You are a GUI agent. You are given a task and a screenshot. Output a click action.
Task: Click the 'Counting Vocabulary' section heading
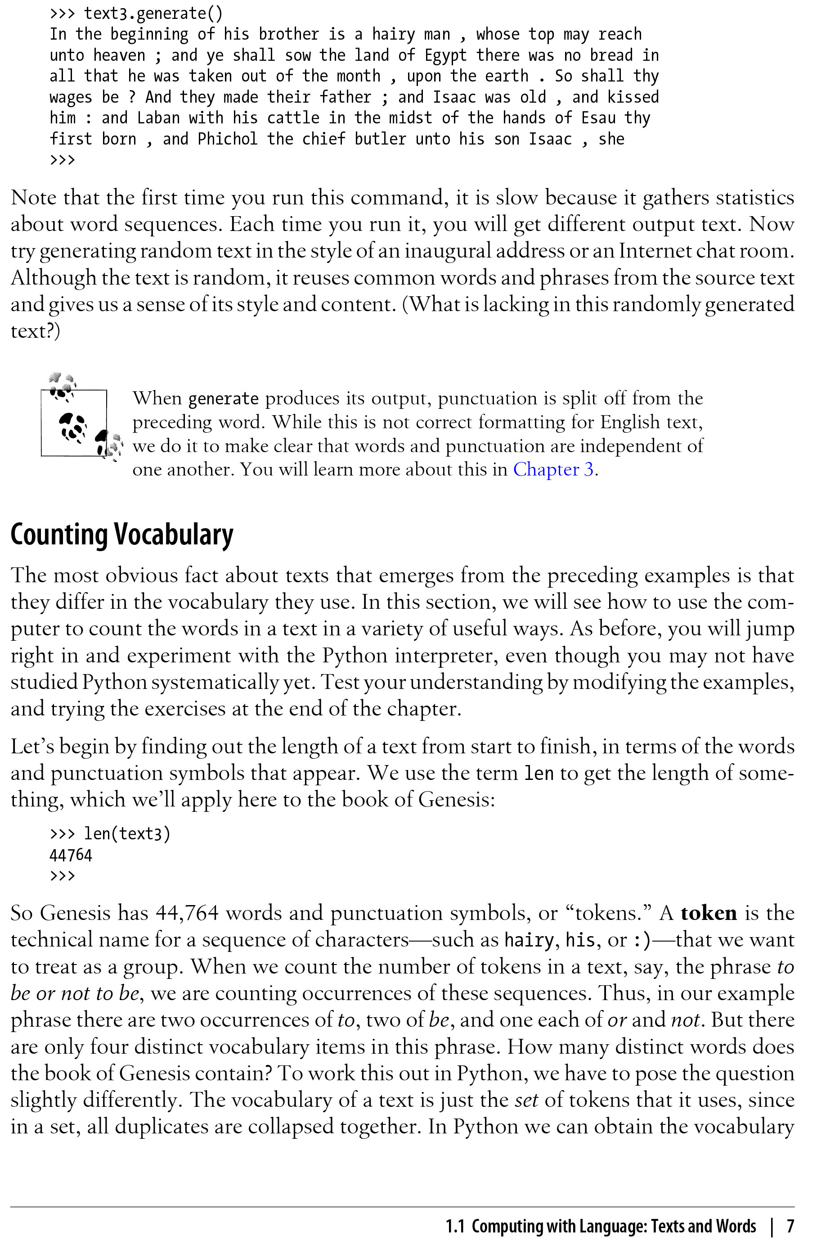click(x=122, y=534)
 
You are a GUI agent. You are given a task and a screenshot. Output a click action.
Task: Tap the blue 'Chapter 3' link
click(x=553, y=469)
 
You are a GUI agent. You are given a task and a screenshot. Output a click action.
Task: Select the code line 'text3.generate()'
click(x=153, y=13)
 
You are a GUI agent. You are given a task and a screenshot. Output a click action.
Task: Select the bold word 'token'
click(x=708, y=912)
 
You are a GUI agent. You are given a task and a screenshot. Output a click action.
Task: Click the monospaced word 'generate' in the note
click(x=223, y=399)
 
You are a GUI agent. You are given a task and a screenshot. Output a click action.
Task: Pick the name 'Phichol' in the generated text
click(x=227, y=139)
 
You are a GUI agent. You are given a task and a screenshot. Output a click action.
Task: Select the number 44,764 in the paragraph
click(x=187, y=912)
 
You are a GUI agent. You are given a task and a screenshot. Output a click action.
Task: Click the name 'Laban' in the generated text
click(x=158, y=118)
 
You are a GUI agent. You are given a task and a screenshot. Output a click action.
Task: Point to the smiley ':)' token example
click(x=642, y=940)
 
